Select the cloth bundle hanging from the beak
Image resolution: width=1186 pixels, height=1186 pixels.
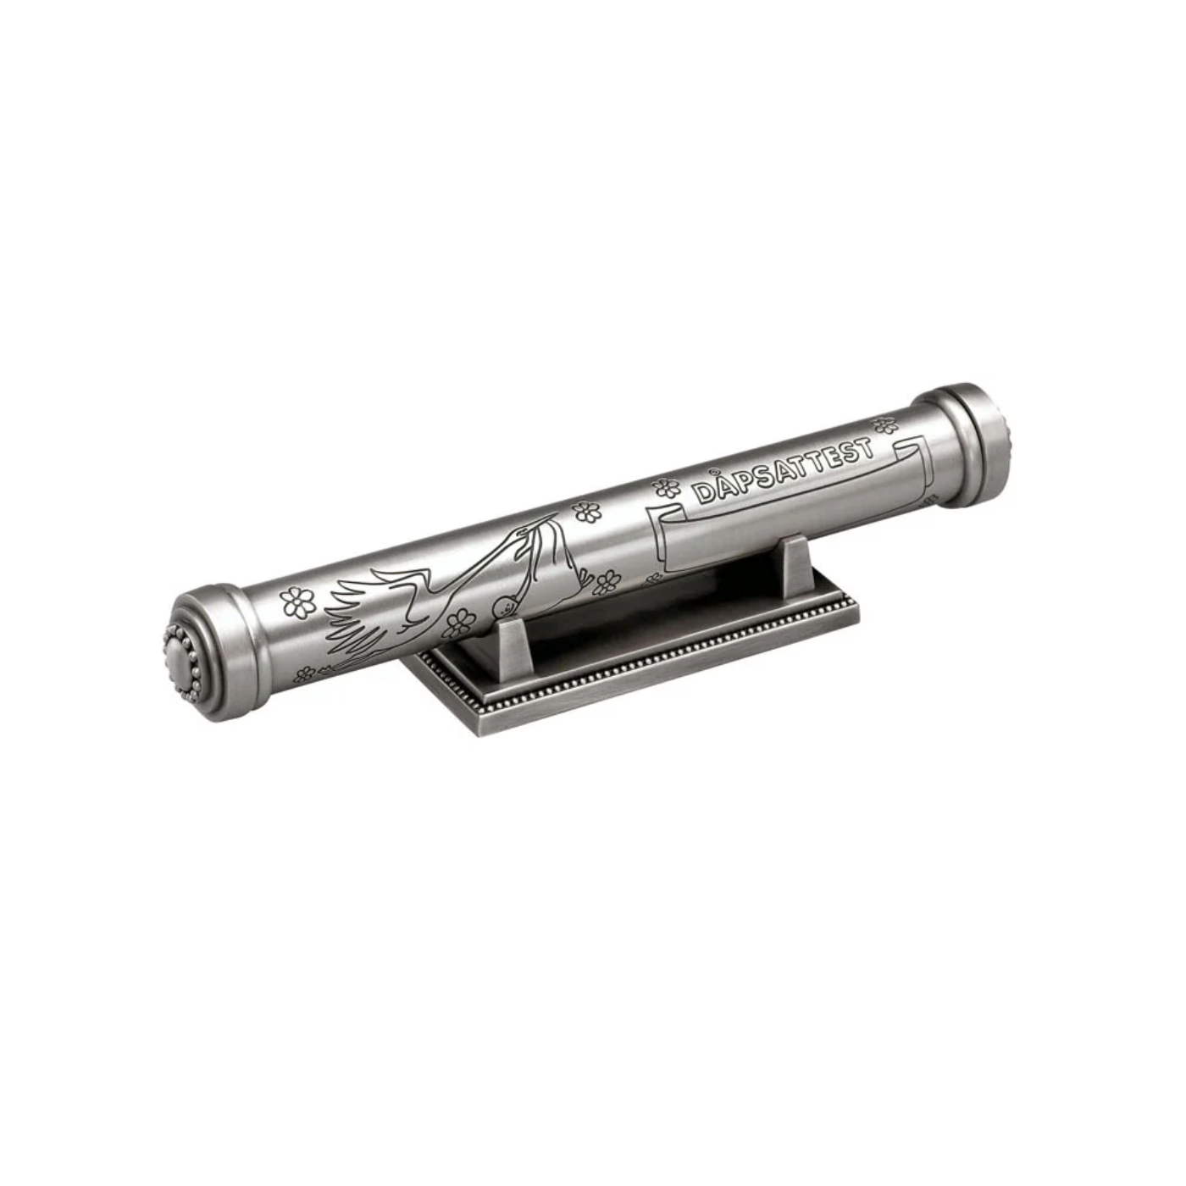[x=557, y=557]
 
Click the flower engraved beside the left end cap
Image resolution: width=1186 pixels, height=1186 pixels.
[x=297, y=602]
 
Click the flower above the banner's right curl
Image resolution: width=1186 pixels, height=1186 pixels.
[x=885, y=425]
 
